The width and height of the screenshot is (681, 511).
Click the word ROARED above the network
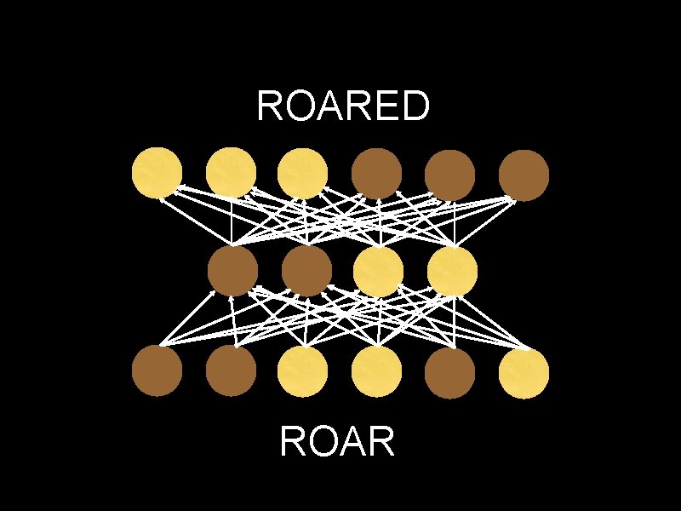click(x=342, y=106)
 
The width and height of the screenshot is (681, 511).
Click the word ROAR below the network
click(x=336, y=442)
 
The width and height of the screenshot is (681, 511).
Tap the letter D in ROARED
click(x=415, y=106)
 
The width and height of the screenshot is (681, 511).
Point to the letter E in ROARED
click(x=386, y=106)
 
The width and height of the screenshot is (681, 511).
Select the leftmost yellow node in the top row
click(x=157, y=174)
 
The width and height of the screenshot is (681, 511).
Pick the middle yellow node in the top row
click(x=232, y=174)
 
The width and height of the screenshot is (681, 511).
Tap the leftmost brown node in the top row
click(x=377, y=175)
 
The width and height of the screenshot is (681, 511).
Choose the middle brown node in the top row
click(x=450, y=175)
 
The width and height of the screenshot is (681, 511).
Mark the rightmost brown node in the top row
click(x=524, y=175)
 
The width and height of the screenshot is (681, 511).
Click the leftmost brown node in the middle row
click(x=232, y=272)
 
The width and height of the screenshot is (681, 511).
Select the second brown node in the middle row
click(x=306, y=272)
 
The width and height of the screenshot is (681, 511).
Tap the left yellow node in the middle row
click(x=379, y=272)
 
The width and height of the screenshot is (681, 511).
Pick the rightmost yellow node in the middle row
click(x=452, y=272)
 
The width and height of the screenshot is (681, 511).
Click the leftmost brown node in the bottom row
click(x=157, y=371)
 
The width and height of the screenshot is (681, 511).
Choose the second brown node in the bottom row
click(x=232, y=371)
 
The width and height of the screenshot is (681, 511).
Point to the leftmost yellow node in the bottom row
click(x=304, y=371)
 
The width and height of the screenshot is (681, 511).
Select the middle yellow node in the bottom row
click(x=377, y=371)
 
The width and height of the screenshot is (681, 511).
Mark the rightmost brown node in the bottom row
click(x=450, y=371)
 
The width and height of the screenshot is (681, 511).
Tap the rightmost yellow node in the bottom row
click(x=524, y=371)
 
